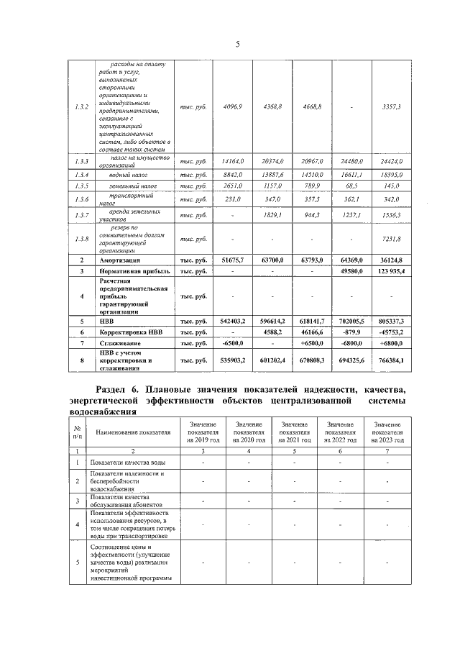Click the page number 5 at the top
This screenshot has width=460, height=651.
click(x=237, y=45)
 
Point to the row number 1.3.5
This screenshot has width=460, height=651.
click(x=82, y=186)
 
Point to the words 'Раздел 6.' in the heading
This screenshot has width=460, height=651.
click(x=119, y=389)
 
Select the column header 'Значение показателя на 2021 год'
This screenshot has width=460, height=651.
click(x=295, y=432)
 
